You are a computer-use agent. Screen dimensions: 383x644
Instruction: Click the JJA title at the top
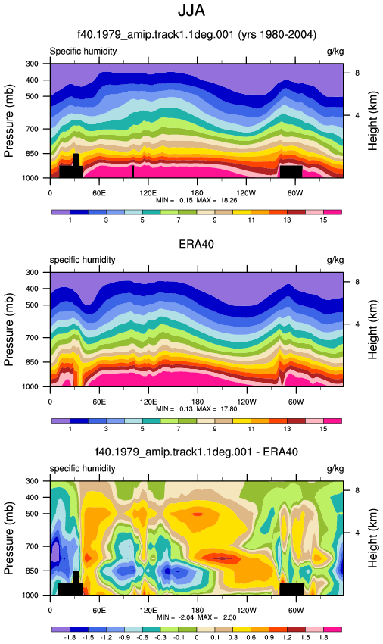coord(191,11)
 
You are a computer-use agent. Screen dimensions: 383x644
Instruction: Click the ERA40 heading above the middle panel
coord(196,244)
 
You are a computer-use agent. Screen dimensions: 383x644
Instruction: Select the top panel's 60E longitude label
coord(99,193)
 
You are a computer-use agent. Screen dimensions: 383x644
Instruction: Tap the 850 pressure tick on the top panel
coord(33,154)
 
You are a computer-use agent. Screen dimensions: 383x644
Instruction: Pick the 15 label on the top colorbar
coord(323,220)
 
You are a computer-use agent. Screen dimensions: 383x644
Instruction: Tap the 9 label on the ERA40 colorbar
coord(215,429)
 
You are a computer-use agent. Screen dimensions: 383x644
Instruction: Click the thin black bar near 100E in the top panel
coord(132,171)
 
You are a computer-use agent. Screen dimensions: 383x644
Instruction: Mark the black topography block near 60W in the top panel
coord(291,171)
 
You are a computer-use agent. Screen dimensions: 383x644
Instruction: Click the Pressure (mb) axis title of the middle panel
coord(9,330)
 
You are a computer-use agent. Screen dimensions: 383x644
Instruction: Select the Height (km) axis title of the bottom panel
coord(372,538)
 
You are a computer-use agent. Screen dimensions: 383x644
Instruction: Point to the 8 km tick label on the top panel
coord(357,73)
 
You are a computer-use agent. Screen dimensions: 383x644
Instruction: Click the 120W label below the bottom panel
coord(246,611)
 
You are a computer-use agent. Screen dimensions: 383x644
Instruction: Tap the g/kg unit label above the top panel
coord(335,52)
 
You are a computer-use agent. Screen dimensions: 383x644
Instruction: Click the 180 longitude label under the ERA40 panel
coord(198,402)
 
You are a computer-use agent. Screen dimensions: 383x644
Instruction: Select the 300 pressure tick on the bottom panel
coord(33,481)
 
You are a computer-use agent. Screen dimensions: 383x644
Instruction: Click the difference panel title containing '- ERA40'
coord(197,452)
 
